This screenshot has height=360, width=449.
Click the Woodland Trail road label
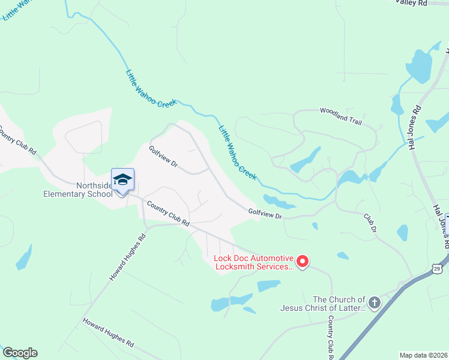(341, 116)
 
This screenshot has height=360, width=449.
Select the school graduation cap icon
(122, 179)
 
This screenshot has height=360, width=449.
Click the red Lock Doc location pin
(303, 261)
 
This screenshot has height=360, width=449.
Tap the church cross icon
(375, 302)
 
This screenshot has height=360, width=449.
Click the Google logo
(20, 353)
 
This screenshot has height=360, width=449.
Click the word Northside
(94, 186)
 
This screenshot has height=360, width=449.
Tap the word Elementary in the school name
(64, 194)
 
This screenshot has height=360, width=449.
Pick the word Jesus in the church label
(294, 308)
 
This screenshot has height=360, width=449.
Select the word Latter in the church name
(351, 308)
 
